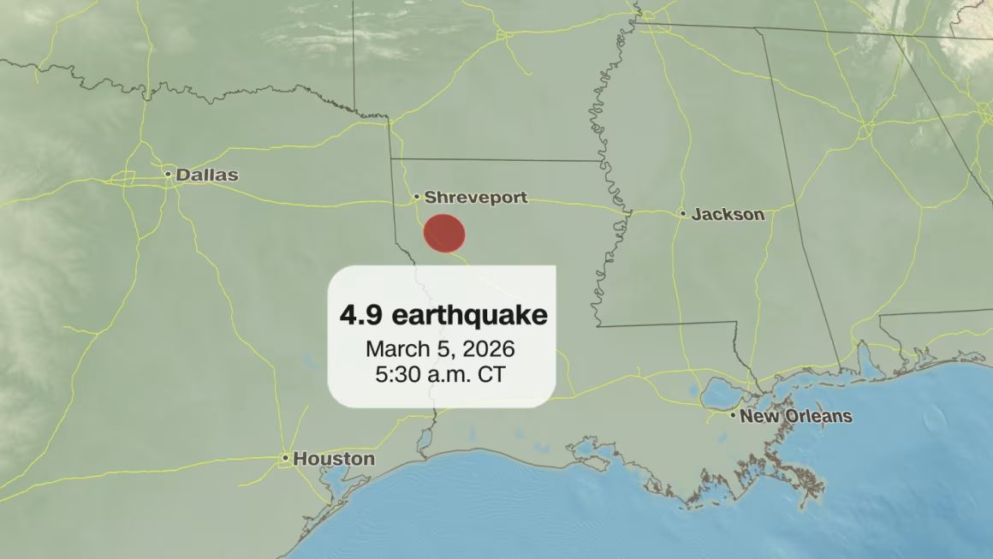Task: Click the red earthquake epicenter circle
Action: click(444, 234)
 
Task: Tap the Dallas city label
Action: click(206, 175)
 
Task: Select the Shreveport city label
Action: click(476, 198)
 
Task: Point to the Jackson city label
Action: click(728, 214)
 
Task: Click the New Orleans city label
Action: click(796, 417)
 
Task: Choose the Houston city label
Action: click(334, 459)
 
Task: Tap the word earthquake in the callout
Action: click(469, 315)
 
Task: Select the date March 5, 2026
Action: click(440, 349)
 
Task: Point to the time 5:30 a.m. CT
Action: click(440, 374)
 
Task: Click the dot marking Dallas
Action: click(169, 175)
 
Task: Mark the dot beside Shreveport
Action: click(417, 198)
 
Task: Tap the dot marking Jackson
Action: click(683, 214)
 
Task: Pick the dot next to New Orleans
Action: click(733, 416)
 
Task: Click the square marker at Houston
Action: click(286, 459)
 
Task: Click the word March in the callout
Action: click(395, 349)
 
